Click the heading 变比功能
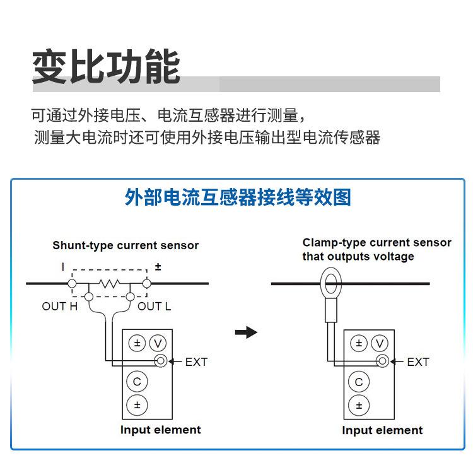point(106,66)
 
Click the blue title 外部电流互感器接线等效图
point(238,197)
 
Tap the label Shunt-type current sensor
point(126,245)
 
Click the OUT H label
point(59,307)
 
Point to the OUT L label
point(154,307)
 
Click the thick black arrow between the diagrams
point(246,332)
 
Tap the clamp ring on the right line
point(330,282)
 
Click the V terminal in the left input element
point(158,343)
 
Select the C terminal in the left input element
point(137,382)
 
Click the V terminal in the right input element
point(379,343)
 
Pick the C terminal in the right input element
point(359,382)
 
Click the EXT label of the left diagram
point(196,361)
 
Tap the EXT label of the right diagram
point(418,361)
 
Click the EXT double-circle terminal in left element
point(161,361)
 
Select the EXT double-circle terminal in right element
point(382,361)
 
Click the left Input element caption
point(160,430)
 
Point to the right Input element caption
point(382,430)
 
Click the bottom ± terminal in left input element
point(137,405)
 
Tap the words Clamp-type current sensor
point(377,243)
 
